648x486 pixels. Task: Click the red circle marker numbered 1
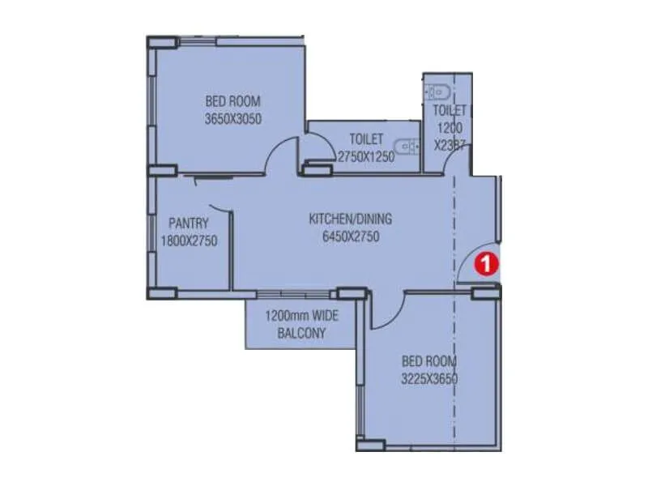[x=485, y=263]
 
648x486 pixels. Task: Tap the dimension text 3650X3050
[x=233, y=118]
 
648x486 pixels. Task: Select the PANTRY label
[x=189, y=223]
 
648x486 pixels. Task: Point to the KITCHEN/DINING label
[x=350, y=219]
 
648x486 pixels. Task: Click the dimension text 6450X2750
[x=350, y=237]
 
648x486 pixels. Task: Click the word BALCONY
[x=301, y=333]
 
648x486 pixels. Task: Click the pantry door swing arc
[x=217, y=207]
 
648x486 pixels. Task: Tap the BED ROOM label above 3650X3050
[x=233, y=101]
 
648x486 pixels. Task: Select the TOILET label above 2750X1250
[x=366, y=139]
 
